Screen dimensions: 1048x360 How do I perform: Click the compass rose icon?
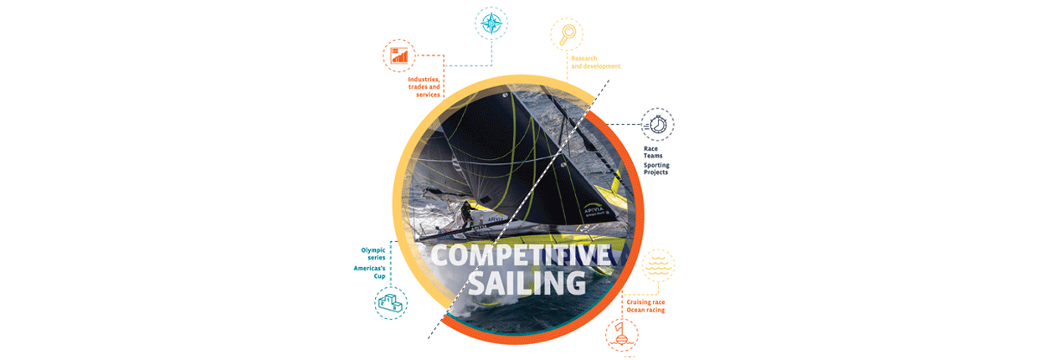(x=491, y=23)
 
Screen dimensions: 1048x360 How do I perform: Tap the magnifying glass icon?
(x=567, y=34)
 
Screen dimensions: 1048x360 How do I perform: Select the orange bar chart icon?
(x=399, y=56)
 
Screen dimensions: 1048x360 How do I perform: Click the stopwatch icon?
(x=657, y=124)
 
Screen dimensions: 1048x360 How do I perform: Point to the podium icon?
(x=391, y=302)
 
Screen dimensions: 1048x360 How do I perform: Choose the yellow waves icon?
(x=658, y=265)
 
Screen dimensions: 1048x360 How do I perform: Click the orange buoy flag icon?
(x=622, y=334)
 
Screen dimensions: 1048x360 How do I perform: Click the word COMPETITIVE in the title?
(x=521, y=255)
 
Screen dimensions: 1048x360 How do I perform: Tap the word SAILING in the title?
(x=527, y=283)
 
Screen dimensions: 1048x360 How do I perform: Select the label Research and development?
(x=596, y=62)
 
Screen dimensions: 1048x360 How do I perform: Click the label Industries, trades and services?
(x=424, y=87)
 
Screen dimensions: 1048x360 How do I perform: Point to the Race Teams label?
(x=653, y=152)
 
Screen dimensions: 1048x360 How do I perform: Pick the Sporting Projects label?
(x=656, y=168)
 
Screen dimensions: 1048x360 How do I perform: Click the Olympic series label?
(x=373, y=254)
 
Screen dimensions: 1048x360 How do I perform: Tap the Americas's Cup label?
(x=370, y=272)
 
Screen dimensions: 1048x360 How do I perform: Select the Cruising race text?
(x=645, y=302)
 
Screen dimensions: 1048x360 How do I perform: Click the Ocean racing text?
(x=645, y=310)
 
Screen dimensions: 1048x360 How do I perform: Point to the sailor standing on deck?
(x=466, y=215)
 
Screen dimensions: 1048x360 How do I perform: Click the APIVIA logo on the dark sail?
(x=595, y=211)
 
